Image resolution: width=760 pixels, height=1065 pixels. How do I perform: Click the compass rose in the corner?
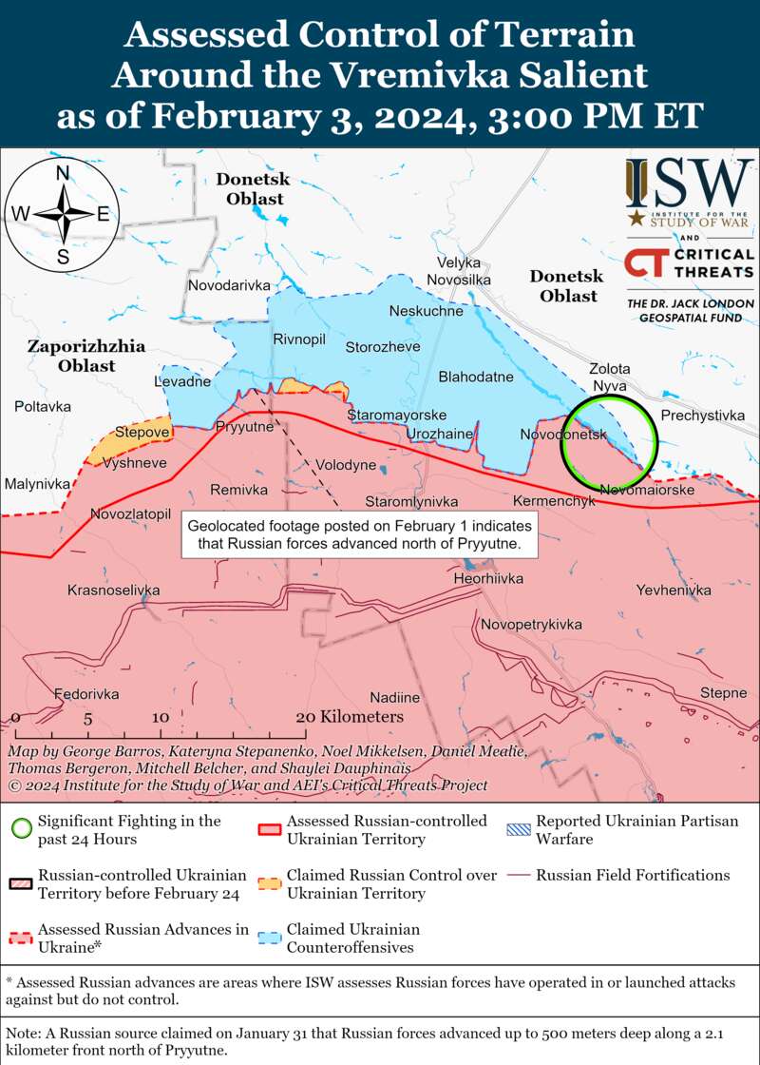62,213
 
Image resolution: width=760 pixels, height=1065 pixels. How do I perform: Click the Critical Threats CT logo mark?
644,262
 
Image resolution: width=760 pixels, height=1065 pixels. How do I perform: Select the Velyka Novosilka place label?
459,271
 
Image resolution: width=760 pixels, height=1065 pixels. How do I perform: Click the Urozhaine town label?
439,434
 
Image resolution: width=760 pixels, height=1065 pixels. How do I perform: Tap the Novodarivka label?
229,285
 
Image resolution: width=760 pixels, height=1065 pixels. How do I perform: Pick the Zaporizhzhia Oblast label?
85,356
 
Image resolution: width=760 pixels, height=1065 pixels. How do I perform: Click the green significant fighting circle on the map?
609,439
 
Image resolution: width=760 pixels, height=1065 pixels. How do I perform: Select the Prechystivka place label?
703,416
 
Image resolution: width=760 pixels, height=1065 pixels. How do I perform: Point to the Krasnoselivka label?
113,591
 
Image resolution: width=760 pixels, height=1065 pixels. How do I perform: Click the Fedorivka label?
86,694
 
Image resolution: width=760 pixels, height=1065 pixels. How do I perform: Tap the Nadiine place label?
394,698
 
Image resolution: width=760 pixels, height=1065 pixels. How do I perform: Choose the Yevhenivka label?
674,591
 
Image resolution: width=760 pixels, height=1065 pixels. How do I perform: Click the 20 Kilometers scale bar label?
350,717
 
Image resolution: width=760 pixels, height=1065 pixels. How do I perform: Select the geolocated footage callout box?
360,535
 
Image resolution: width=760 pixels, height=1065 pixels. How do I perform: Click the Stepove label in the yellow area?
142,433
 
